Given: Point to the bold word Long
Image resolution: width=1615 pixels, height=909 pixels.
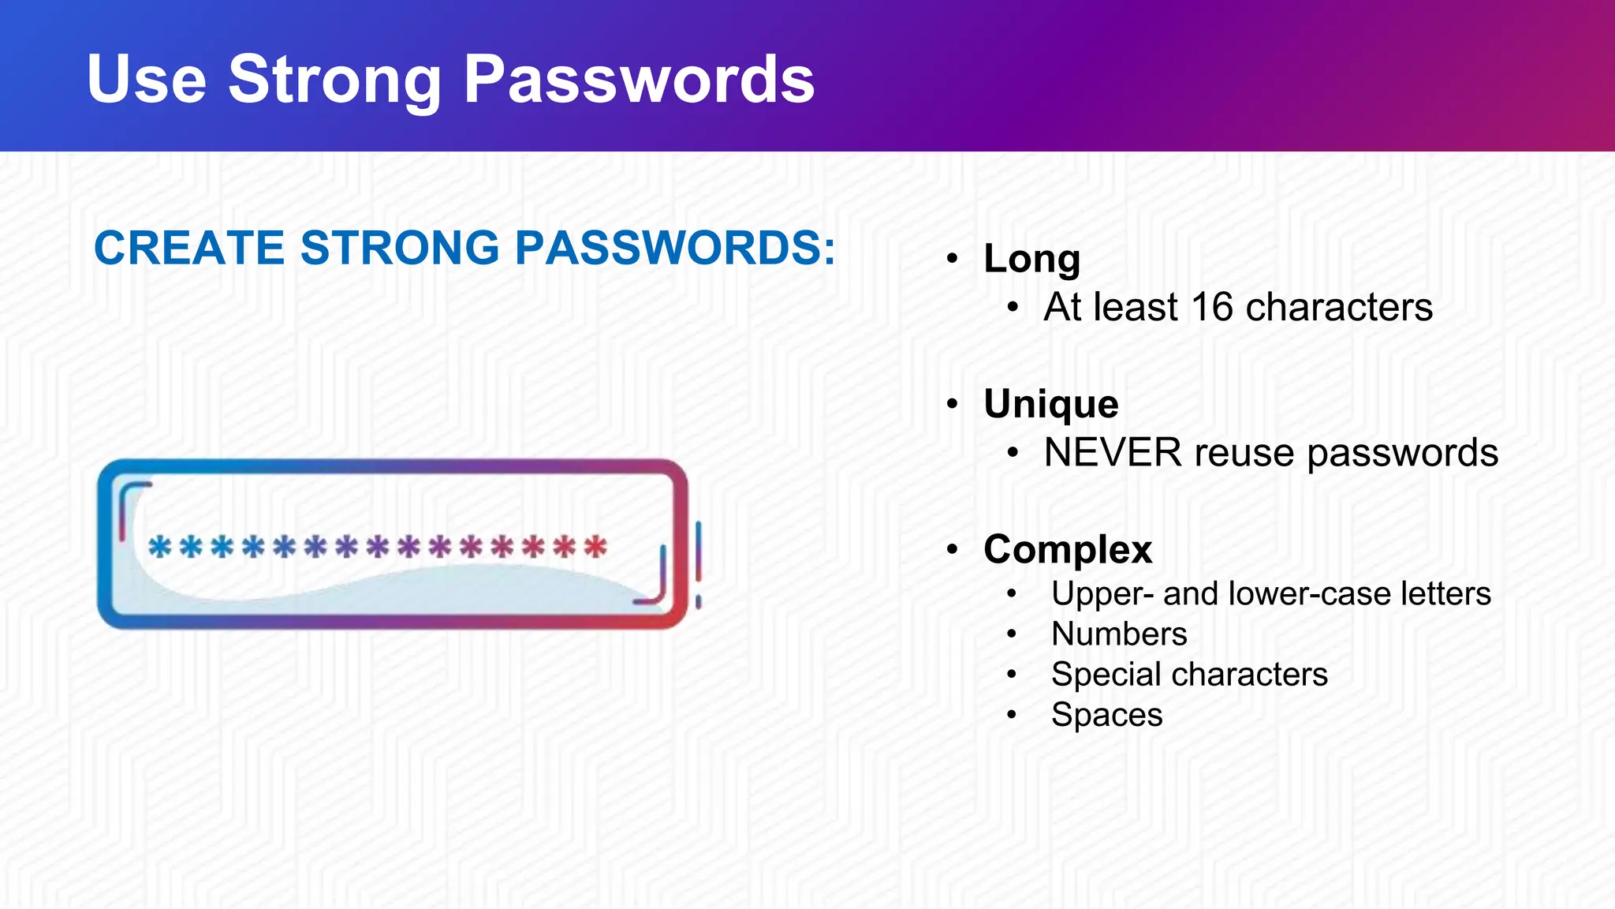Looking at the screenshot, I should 1031,258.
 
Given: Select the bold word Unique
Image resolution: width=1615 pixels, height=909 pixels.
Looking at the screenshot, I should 1050,404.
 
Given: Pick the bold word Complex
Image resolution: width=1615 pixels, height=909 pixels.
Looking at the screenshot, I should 1068,549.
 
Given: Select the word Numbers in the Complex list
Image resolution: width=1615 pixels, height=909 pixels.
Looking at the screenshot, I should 1119,634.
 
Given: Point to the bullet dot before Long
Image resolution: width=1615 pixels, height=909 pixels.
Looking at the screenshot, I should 953,259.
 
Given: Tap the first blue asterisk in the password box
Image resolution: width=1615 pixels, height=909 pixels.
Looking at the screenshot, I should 160,546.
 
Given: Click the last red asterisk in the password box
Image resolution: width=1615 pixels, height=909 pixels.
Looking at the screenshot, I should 596,546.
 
